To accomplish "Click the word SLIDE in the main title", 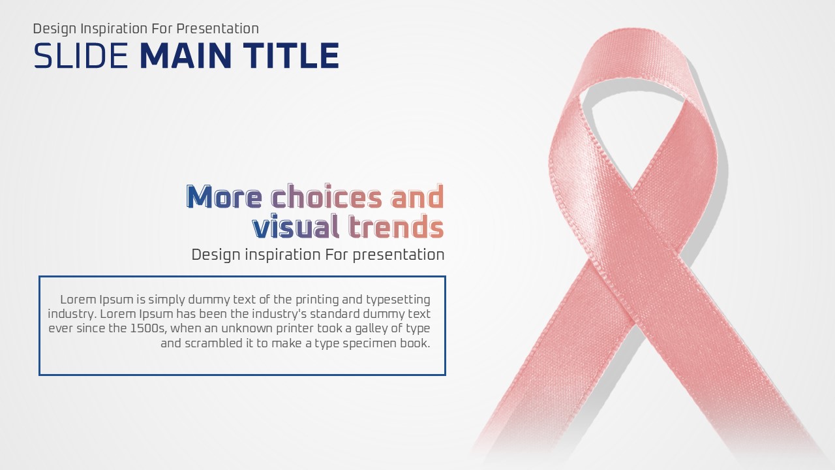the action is pos(81,55).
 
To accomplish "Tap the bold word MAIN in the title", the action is pos(186,55).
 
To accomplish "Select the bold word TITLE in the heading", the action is pos(291,55).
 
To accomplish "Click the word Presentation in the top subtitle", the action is pos(218,29).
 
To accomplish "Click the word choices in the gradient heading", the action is pos(327,196).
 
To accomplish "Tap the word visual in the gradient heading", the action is pos(296,226).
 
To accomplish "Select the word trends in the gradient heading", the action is pos(396,226).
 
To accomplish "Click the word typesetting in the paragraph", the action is pos(398,300).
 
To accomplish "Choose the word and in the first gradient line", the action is pos(417,196).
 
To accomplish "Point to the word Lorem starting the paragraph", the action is pos(78,300).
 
